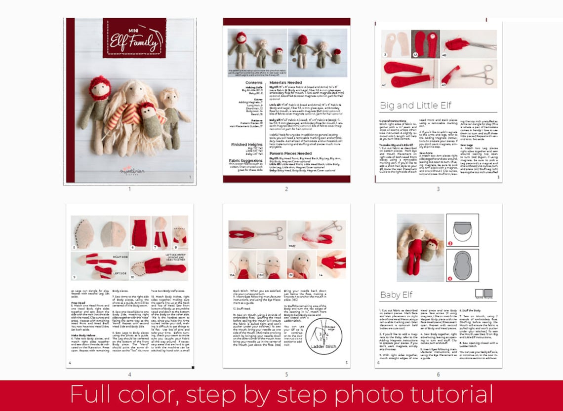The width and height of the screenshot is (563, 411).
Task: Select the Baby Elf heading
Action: click(x=396, y=295)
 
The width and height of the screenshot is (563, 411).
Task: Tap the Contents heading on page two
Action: click(x=254, y=82)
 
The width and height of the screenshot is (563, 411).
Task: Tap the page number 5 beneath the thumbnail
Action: click(x=286, y=374)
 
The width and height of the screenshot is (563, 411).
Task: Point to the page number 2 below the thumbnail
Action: click(x=286, y=189)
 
